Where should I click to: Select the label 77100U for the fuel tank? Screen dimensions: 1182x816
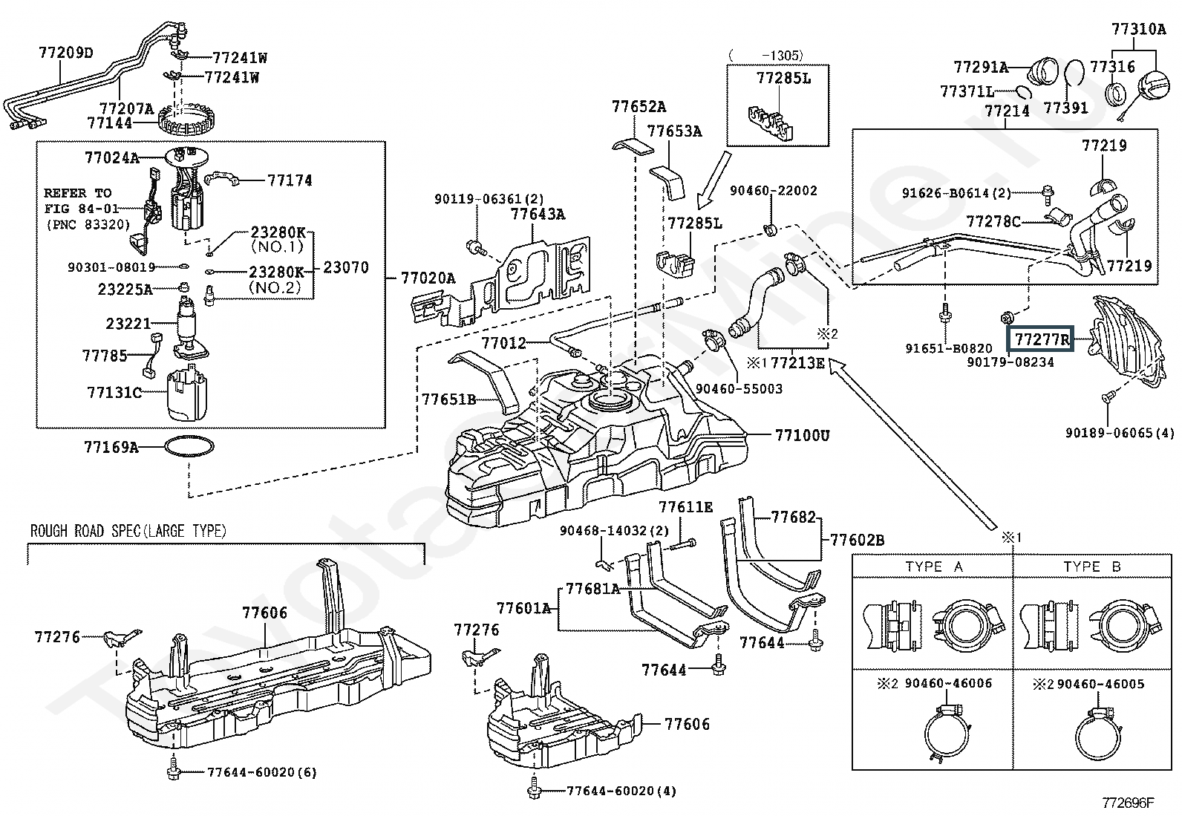pyautogui.click(x=802, y=435)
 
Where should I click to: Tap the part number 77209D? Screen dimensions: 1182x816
pyautogui.click(x=66, y=53)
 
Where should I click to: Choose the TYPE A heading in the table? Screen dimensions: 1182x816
pyautogui.click(x=935, y=567)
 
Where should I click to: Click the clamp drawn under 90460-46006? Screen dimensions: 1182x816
pyautogui.click(x=947, y=733)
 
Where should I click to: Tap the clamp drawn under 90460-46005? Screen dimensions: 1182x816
pyautogui.click(x=1099, y=733)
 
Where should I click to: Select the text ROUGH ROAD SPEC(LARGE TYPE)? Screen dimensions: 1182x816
pyautogui.click(x=128, y=530)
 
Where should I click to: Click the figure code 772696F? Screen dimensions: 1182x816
pyautogui.click(x=1128, y=803)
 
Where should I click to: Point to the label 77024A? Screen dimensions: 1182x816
pyautogui.click(x=112, y=157)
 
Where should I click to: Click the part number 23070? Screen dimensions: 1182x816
pyautogui.click(x=346, y=267)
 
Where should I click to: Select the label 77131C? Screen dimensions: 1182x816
pyautogui.click(x=114, y=392)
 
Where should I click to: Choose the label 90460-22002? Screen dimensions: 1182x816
pyautogui.click(x=774, y=191)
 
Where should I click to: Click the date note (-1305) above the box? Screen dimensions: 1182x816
pyautogui.click(x=767, y=55)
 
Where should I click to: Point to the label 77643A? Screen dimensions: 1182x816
pyautogui.click(x=538, y=214)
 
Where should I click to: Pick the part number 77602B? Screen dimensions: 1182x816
pyautogui.click(x=858, y=540)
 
